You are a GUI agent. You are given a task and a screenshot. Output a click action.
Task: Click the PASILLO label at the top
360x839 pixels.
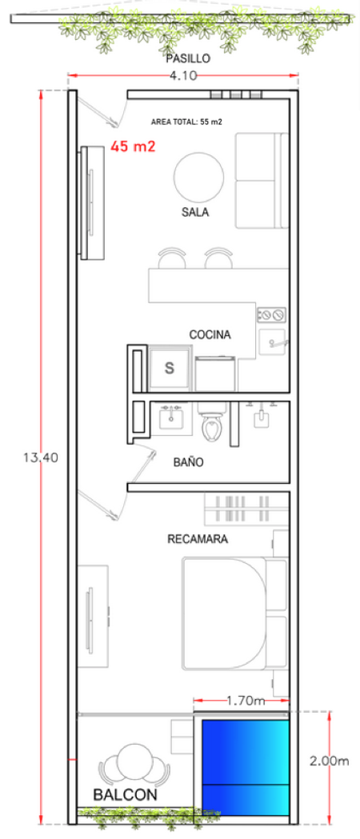[188, 58]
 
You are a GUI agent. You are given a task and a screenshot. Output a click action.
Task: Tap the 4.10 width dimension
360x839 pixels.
[183, 75]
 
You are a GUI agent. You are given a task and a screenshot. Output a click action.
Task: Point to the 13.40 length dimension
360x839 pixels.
[41, 457]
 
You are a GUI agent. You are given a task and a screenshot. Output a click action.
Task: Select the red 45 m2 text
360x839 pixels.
[133, 146]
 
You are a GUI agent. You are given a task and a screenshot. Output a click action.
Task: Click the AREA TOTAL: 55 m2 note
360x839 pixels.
[186, 122]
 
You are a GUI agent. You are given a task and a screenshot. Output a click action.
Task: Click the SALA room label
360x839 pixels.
[195, 213]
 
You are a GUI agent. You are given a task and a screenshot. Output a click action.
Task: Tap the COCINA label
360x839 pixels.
[210, 335]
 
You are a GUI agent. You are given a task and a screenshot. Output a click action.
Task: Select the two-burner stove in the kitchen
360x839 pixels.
[272, 314]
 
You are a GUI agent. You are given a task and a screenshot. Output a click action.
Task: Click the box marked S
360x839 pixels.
[170, 368]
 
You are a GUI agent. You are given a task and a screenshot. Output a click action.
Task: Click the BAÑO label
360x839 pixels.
[188, 462]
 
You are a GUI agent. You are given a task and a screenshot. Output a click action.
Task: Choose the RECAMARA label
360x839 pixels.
[198, 539]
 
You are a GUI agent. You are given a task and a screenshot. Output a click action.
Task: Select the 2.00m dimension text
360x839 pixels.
[330, 761]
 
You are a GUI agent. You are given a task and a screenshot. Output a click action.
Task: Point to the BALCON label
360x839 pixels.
[126, 795]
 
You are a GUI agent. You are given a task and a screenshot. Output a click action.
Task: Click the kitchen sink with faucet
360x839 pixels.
[274, 342]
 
